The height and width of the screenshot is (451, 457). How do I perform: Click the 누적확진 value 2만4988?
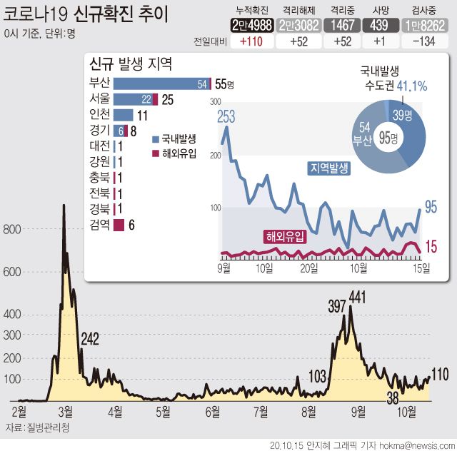(x=252, y=26)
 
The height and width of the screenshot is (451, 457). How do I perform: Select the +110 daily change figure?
(x=252, y=42)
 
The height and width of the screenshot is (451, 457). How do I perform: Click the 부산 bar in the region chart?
(x=161, y=83)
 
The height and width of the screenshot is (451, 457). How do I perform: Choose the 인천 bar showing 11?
(x=123, y=114)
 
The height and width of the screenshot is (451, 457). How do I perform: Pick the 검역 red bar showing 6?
(x=119, y=225)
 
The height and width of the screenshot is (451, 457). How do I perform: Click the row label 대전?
(x=99, y=146)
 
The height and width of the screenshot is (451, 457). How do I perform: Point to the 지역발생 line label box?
(x=328, y=168)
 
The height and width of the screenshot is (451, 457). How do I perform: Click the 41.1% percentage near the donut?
(x=412, y=86)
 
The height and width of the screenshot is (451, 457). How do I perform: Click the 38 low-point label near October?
(x=392, y=397)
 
